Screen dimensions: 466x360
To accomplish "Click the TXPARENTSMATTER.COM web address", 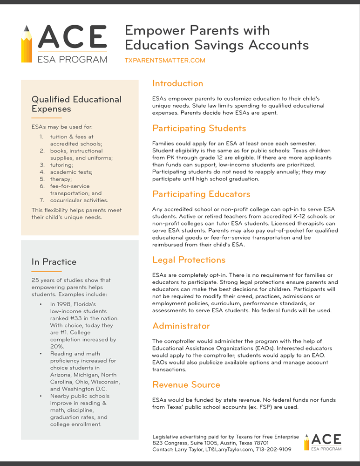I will pyautogui.click(x=165, y=61).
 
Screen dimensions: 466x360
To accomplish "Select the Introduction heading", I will pyautogui.click(x=177, y=84).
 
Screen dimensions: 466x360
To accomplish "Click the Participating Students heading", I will pyautogui.click(x=199, y=129).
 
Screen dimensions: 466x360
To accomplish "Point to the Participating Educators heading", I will pyautogui.click(x=201, y=194).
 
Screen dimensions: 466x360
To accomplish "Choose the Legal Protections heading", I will pyautogui.click(x=189, y=260).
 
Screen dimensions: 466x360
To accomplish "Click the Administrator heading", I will pyautogui.click(x=181, y=326).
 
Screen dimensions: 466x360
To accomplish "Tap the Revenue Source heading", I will pyautogui.click(x=186, y=385).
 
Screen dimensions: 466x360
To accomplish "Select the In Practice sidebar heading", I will pyautogui.click(x=54, y=262).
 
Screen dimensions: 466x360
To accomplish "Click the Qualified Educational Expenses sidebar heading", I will pyautogui.click(x=76, y=104).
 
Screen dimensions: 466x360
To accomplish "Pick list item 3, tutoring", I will pyautogui.click(x=61, y=165).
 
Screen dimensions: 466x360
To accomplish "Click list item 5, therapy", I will pyautogui.click(x=61, y=179).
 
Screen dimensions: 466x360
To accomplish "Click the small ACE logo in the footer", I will pyautogui.click(x=323, y=442).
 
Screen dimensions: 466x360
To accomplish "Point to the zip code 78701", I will pyautogui.click(x=258, y=443).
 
